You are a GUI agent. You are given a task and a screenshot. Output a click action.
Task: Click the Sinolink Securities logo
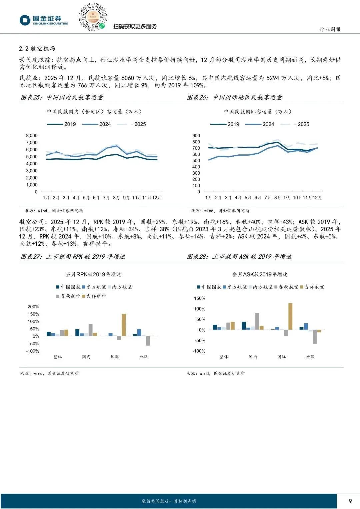point(44,20)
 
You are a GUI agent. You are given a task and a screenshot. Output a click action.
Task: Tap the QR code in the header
point(93,17)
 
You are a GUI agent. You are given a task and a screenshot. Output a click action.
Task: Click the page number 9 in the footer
point(350,501)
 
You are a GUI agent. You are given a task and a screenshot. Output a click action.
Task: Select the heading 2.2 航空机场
point(37,49)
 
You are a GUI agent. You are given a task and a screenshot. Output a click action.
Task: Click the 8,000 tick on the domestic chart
point(32,136)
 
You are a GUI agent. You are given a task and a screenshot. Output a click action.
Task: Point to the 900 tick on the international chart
point(196,136)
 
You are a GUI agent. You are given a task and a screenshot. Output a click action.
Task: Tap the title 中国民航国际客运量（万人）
point(257,112)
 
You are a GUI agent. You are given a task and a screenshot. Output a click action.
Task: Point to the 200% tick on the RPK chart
point(33,307)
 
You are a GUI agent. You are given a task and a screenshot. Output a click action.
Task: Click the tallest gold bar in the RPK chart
point(124,325)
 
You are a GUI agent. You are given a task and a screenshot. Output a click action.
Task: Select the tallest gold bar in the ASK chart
point(290,316)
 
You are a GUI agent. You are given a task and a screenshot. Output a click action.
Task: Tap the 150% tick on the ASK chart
point(200,298)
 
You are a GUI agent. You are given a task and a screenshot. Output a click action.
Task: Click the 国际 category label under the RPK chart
point(115,357)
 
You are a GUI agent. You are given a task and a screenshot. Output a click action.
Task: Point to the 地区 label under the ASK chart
point(310,357)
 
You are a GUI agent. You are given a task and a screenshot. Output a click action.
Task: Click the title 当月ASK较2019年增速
point(260,274)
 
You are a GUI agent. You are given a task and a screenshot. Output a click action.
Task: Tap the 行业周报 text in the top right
point(330,29)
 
